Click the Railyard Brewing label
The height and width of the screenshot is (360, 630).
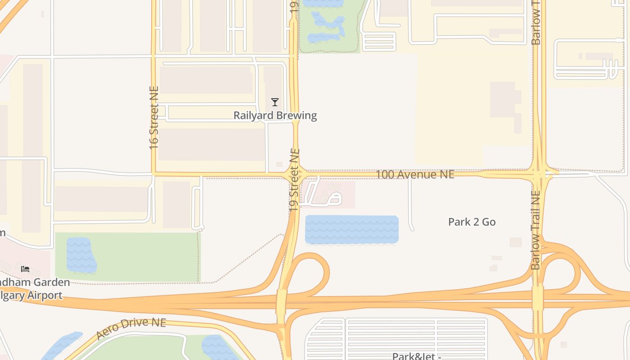275,116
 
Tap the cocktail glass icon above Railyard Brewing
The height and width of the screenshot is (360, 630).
275,102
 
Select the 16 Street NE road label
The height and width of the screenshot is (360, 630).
154,118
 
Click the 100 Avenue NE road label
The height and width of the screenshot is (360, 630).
414,175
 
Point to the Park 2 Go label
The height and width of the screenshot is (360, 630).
472,222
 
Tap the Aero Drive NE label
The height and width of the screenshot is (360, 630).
131,329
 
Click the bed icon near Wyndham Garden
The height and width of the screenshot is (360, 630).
25,269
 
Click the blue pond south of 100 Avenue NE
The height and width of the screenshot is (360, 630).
351,229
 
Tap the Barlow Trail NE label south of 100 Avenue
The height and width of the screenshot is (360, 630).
535,230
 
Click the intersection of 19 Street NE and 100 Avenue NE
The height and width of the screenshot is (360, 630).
296,174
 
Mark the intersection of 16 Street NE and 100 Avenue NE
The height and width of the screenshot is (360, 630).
153,173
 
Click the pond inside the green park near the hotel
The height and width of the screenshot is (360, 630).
81,256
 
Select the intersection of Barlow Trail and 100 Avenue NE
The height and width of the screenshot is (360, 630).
539,173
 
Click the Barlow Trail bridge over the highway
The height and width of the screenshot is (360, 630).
538,298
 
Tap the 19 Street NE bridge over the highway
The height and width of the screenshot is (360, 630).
282,301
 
